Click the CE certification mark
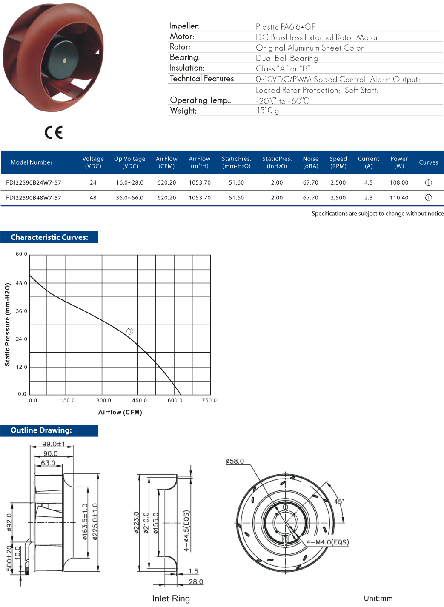pos(54,133)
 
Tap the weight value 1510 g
pos(267,111)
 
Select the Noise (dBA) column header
pos(310,162)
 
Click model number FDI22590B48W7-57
pos(34,198)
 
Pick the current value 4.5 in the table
pos(368,182)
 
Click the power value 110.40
pos(399,198)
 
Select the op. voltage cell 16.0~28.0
pos(129,182)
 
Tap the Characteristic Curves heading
pos(49,237)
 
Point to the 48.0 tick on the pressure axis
pos(21,283)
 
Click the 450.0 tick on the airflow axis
pos(139,400)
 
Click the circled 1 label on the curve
pos(130,331)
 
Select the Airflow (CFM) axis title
pos(120,412)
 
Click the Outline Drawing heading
pos(41,430)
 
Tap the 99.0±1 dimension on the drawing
pos(53,444)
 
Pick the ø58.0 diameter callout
pos(235,461)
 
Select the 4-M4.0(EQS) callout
pos(327,542)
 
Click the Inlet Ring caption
pos(171,598)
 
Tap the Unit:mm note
pos(378,598)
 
